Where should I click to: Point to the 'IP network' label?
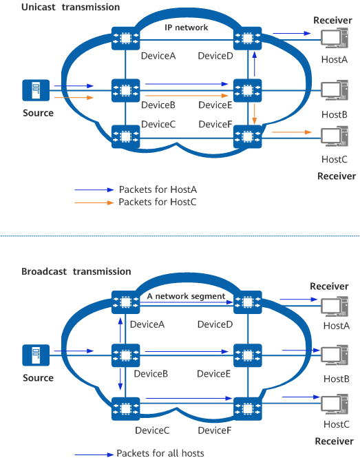click(x=186, y=28)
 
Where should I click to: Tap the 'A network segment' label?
click(x=186, y=296)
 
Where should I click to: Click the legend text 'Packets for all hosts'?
click(x=160, y=453)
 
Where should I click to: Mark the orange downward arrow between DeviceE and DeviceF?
click(x=255, y=112)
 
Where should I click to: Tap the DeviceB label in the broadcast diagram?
click(x=152, y=374)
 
